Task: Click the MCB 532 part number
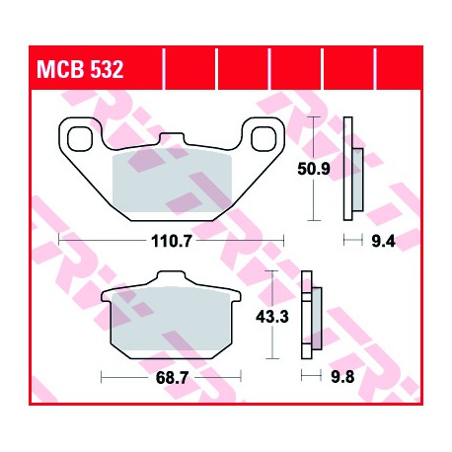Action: point(80,69)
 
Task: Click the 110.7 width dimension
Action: point(171,241)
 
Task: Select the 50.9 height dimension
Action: point(313,169)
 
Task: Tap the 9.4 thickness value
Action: point(383,242)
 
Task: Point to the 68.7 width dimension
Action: point(172,378)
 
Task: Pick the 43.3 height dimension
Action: point(272,317)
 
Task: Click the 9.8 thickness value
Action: point(342,377)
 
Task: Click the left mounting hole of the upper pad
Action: point(80,139)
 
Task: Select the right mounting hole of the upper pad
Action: point(263,139)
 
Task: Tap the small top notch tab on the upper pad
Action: point(171,137)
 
